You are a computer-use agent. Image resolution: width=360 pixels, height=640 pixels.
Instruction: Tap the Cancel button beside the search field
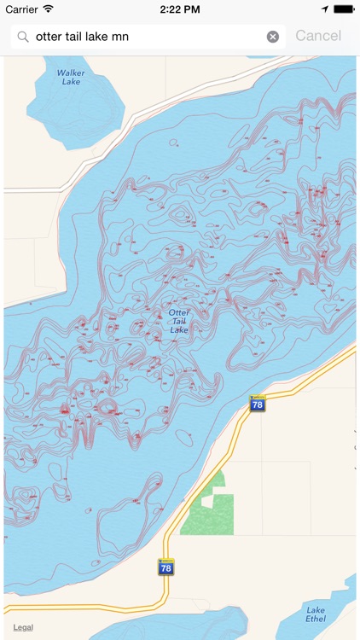[x=317, y=36]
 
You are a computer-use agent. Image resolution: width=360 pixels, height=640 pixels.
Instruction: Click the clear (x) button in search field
[x=273, y=37]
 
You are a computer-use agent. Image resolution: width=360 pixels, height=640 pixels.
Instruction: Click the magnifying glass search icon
[x=22, y=37]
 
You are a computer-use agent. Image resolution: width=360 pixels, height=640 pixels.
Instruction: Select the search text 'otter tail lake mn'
[x=82, y=37]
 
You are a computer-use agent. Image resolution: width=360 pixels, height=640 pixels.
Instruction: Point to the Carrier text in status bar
[x=22, y=9]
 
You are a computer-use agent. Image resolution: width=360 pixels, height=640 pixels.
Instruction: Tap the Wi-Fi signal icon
[x=49, y=9]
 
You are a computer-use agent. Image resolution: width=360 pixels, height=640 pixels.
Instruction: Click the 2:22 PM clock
[x=179, y=9]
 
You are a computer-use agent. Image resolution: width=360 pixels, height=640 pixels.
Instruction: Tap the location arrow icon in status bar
[x=324, y=9]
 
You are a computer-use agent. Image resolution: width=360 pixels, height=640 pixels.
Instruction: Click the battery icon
[x=343, y=9]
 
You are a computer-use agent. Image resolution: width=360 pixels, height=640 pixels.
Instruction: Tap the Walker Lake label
[x=71, y=77]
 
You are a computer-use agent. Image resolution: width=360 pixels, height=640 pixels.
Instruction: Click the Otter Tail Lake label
[x=179, y=321]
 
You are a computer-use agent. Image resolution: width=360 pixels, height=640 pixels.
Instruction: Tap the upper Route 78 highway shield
[x=257, y=404]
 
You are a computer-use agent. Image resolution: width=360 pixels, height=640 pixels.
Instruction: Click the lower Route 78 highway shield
[x=165, y=567]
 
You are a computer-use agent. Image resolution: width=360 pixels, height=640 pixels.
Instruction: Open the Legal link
[x=23, y=627]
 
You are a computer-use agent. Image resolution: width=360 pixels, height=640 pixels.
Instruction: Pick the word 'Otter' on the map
[x=179, y=312]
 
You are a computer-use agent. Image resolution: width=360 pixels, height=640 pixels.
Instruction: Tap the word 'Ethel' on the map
[x=316, y=618]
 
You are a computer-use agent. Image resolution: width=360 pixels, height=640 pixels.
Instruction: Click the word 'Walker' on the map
[x=71, y=73]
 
